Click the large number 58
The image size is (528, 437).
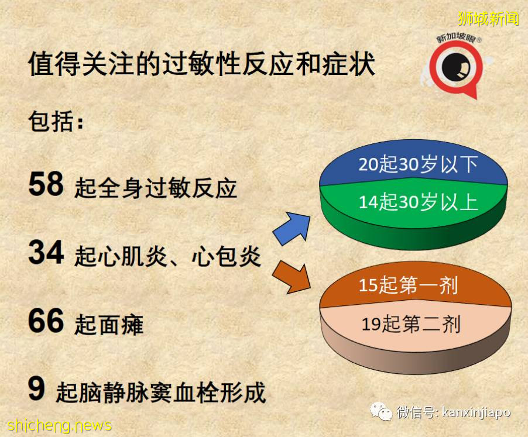pyautogui.click(x=46, y=184)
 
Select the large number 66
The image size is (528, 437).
pyautogui.click(x=46, y=321)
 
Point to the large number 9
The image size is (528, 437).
pyautogui.click(x=36, y=389)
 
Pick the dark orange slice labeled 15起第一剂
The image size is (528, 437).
pyautogui.click(x=408, y=285)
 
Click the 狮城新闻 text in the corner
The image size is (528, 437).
pyautogui.click(x=489, y=19)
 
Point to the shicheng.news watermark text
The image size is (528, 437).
pyautogui.click(x=60, y=425)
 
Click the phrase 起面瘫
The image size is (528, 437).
pyautogui.click(x=109, y=324)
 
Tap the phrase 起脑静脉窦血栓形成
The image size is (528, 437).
pyautogui.click(x=160, y=392)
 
